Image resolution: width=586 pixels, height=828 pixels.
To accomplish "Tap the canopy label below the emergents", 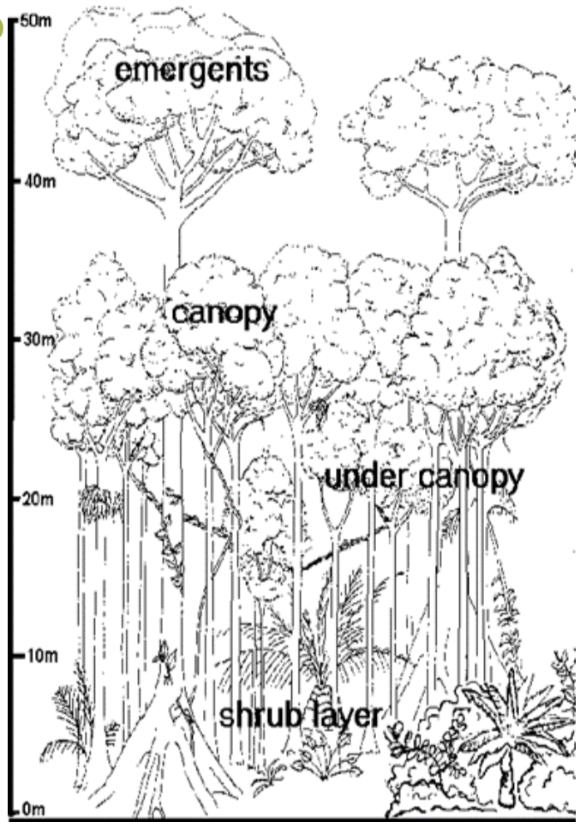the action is (224, 314).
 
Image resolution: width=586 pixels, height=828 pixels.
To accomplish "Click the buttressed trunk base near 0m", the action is (171, 754).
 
